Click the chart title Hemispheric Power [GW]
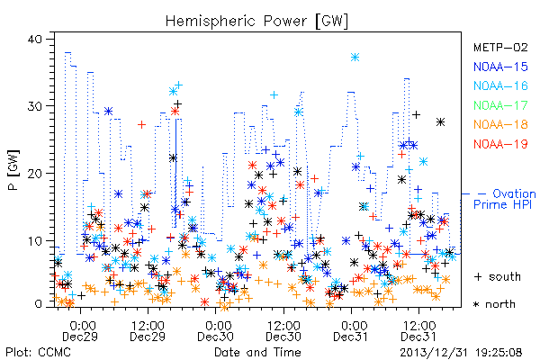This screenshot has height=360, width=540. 256,22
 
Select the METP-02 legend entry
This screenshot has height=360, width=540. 500,47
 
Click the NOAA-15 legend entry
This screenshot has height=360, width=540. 500,67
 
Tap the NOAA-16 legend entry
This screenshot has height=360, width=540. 500,85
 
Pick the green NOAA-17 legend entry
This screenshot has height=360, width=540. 500,105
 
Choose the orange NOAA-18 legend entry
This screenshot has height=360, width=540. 500,124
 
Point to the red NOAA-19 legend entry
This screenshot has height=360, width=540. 500,144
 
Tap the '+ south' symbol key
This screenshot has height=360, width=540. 498,276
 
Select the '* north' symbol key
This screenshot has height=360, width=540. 494,304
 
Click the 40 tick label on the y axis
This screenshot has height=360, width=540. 34,39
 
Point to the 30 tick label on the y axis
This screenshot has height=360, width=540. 34,106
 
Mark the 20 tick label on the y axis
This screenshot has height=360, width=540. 34,174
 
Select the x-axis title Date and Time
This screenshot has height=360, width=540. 257,353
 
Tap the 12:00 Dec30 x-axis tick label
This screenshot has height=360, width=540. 283,331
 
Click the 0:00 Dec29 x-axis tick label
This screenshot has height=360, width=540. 80,331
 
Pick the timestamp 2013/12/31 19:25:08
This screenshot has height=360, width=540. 461,353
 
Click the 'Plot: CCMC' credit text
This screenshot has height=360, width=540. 38,353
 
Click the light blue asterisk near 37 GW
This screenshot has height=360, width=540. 355,58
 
